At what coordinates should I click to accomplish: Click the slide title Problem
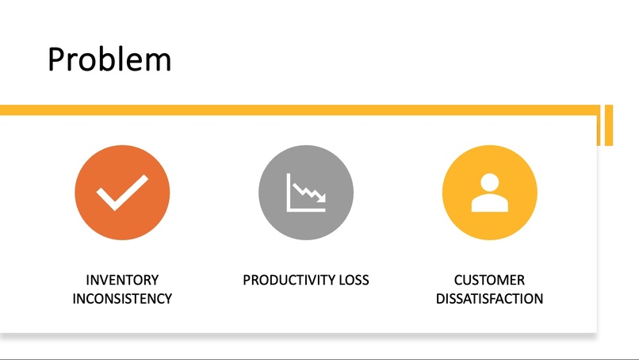109,59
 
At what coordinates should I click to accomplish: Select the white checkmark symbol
122,192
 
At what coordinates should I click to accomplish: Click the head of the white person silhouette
489,182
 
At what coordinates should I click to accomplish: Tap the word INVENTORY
122,280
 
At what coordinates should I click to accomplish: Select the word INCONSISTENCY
122,299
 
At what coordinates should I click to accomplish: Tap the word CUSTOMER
489,280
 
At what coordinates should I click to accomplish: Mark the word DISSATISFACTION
489,299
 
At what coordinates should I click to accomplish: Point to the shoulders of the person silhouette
489,204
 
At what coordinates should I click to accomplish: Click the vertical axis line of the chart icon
289,193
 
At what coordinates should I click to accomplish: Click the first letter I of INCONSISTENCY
75,299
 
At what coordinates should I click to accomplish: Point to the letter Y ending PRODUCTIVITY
334,280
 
